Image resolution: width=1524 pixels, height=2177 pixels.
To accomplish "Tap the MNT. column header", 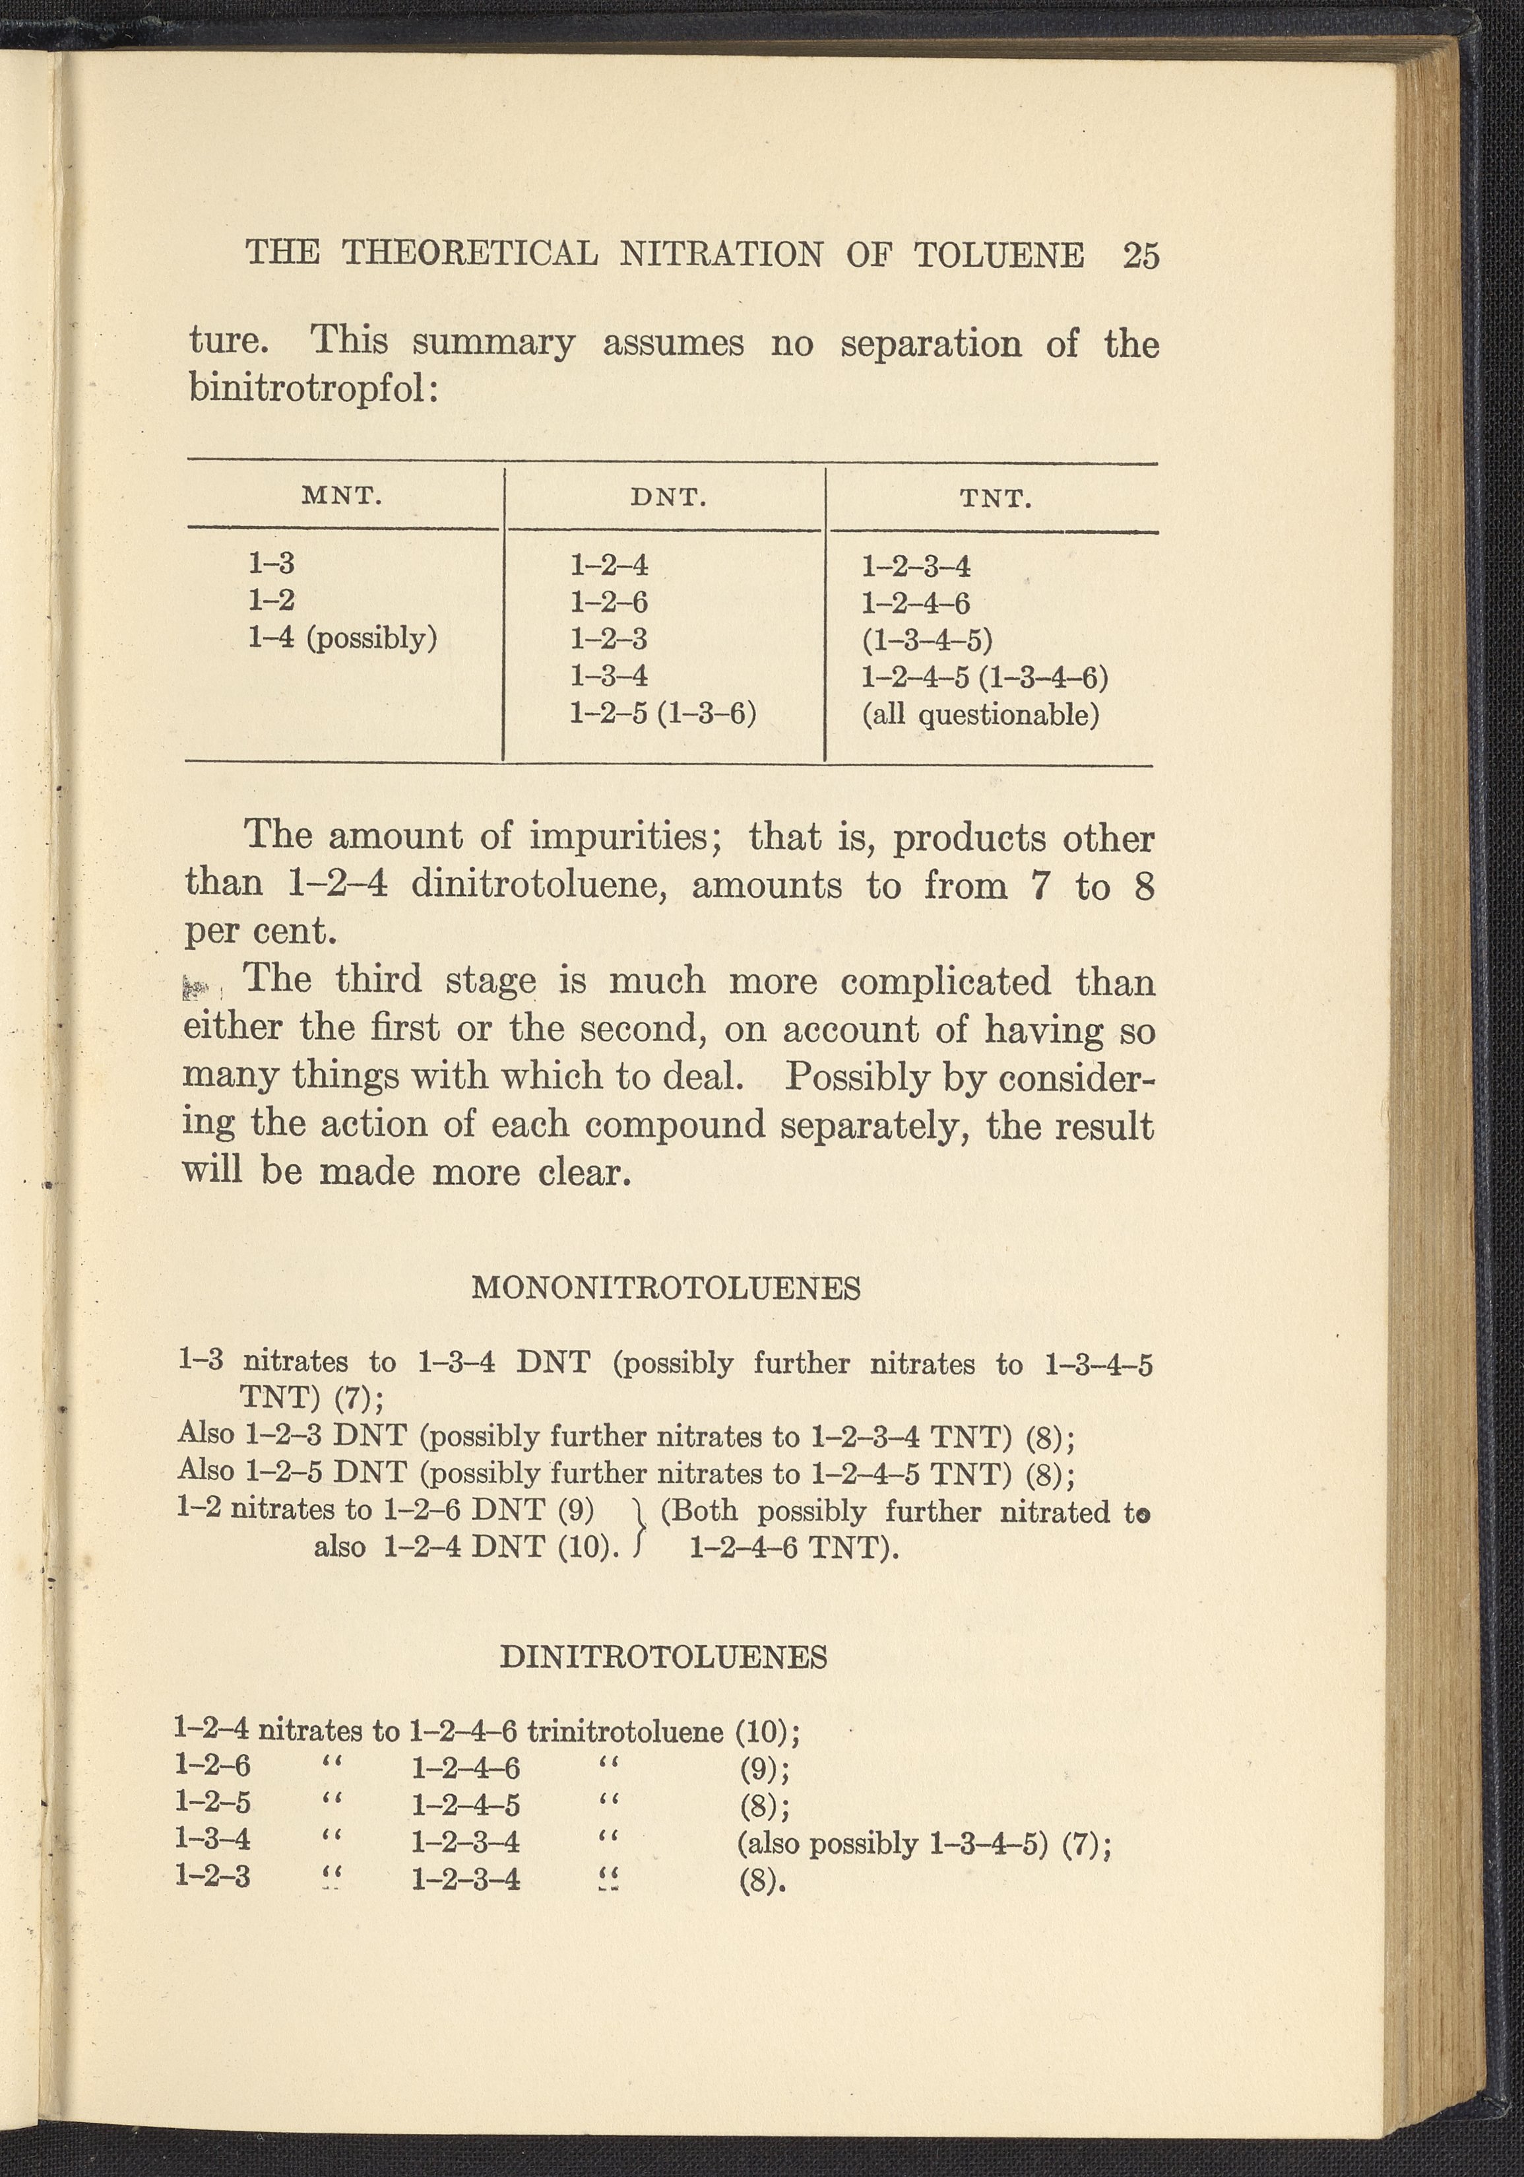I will [x=342, y=496].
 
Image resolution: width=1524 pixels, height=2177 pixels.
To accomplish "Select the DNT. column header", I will [x=668, y=498].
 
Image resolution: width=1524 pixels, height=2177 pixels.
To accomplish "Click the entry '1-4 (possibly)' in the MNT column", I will [x=342, y=638].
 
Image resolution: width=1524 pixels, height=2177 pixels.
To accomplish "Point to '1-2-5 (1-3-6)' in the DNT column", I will [x=662, y=712].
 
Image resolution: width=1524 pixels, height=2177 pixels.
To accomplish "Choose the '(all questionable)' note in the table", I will [x=980, y=714].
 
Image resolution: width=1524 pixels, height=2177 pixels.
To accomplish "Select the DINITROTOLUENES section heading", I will [x=662, y=1656].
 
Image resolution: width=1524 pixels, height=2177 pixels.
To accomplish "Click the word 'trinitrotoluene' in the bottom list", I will [x=625, y=1731].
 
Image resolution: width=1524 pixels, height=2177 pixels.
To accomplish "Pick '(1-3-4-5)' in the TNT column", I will [x=926, y=640].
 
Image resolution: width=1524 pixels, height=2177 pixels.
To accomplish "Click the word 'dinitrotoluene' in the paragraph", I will [x=539, y=885].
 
